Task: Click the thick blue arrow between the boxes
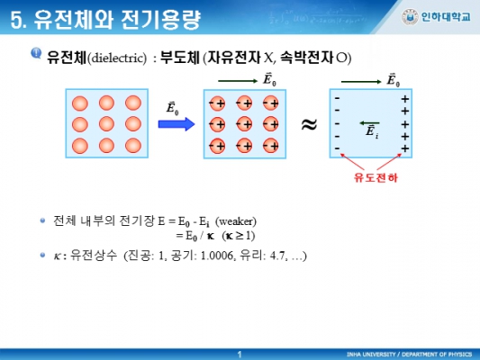point(177,124)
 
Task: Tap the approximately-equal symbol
point(309,124)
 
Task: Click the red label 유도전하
point(376,177)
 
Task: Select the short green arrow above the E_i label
point(369,123)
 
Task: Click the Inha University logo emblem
point(410,17)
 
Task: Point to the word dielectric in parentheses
point(118,58)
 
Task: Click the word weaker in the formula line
point(236,221)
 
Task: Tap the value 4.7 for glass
point(277,256)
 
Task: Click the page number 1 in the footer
point(240,355)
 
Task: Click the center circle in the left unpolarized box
point(106,124)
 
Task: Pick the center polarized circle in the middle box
point(244,124)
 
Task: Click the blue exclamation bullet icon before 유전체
point(36,53)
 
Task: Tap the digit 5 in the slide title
point(16,20)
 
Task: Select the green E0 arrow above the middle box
point(238,81)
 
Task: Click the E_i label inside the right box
point(372,131)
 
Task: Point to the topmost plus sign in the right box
point(405,99)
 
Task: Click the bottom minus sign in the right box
point(337,148)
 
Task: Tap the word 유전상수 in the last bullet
point(94,255)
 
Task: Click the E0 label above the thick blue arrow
point(172,109)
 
